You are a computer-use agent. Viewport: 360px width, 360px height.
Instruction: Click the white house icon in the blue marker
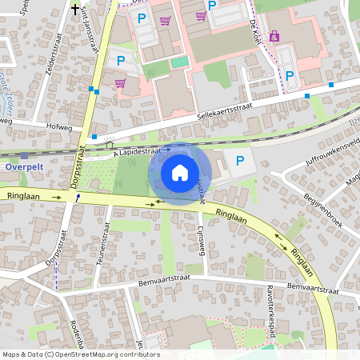coord(180,173)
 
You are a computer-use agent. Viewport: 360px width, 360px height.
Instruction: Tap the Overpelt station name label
coord(23,167)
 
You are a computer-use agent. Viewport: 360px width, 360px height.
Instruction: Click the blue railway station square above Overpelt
coord(24,156)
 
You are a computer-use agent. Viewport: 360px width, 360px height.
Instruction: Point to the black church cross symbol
coord(76,10)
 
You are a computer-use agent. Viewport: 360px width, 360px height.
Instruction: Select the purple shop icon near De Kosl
coord(275,36)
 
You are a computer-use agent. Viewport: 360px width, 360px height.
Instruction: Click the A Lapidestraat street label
coord(142,150)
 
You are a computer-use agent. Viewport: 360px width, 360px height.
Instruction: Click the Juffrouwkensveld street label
coord(332,151)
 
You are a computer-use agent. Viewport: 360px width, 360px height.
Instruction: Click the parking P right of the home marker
coord(241,162)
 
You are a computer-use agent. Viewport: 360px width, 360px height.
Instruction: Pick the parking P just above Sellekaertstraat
coord(290,75)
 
